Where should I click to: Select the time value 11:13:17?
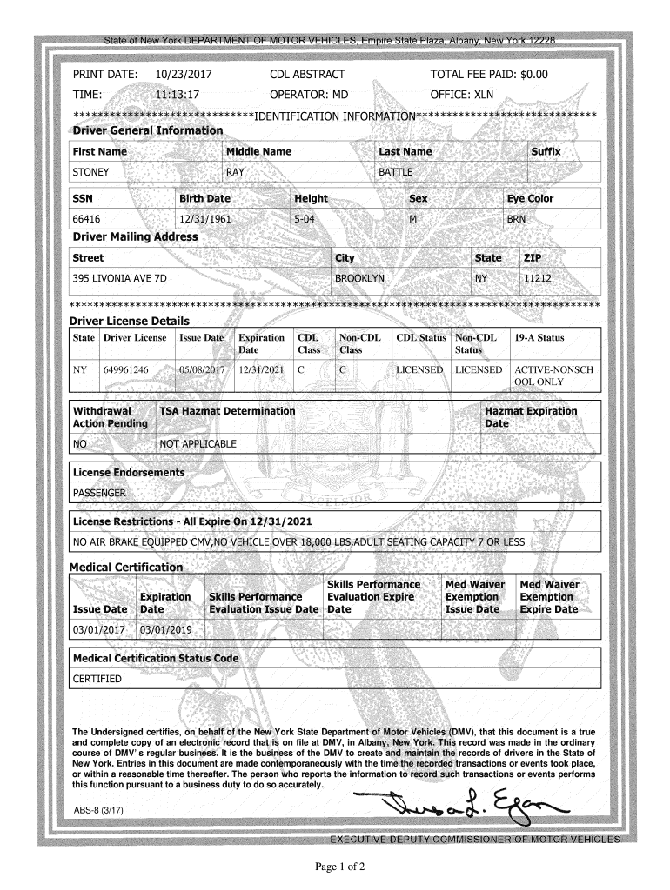[177, 94]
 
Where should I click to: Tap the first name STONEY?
[90, 172]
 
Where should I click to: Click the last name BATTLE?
[396, 172]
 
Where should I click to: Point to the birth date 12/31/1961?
[204, 219]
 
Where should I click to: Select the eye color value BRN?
[517, 219]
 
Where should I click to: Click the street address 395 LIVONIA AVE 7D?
[120, 278]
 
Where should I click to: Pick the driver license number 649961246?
[126, 369]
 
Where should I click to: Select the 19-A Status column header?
[539, 337]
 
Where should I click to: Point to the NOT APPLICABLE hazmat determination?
[198, 444]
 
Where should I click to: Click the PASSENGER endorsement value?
[99, 493]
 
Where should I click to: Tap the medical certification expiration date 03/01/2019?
[165, 629]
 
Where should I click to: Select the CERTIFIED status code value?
[97, 679]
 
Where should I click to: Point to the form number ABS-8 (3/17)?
[99, 810]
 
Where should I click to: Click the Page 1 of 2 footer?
[334, 867]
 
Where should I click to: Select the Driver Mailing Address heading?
[135, 236]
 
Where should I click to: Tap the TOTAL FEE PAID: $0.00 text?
[489, 75]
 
